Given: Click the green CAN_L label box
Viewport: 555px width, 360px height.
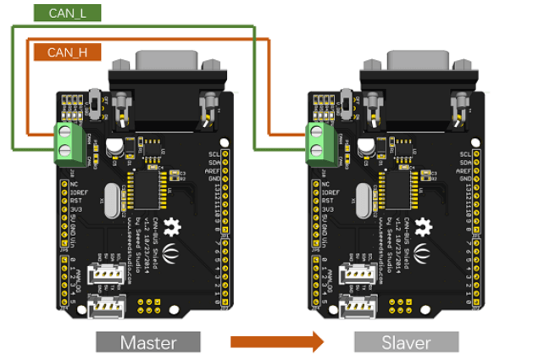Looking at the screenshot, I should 69,13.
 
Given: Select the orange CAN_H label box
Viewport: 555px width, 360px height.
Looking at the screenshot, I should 69,53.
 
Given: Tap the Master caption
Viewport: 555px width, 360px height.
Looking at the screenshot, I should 148,342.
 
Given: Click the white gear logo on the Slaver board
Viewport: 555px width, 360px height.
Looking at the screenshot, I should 425,226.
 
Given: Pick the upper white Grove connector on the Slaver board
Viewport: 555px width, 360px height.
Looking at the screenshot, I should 358,274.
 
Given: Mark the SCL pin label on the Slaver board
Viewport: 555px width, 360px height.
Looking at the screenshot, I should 465,153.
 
